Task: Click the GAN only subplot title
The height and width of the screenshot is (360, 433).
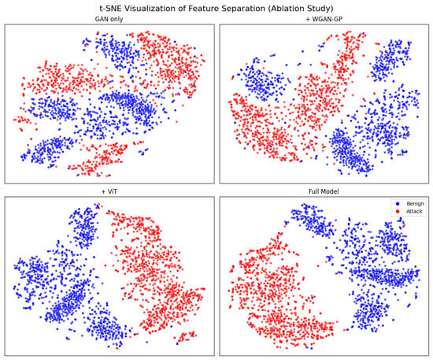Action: pyautogui.click(x=109, y=20)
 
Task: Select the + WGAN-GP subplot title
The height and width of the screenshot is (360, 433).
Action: pyautogui.click(x=324, y=20)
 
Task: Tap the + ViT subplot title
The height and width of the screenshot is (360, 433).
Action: pyautogui.click(x=109, y=191)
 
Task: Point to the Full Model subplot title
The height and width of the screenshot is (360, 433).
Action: pyautogui.click(x=324, y=191)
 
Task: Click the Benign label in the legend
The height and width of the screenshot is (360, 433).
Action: pyautogui.click(x=415, y=203)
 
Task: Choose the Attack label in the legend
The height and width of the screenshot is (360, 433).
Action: pyautogui.click(x=414, y=211)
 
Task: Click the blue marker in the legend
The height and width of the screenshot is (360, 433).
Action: pyautogui.click(x=398, y=203)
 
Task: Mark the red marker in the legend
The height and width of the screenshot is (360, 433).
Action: pyautogui.click(x=398, y=211)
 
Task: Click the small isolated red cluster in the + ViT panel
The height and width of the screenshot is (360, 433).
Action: pyautogui.click(x=185, y=337)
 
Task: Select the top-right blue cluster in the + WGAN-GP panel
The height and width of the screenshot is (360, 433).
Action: pyautogui.click(x=390, y=60)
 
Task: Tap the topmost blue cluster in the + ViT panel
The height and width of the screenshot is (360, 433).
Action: pyautogui.click(x=85, y=227)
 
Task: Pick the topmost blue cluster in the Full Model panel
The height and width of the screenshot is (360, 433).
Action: pyautogui.click(x=313, y=221)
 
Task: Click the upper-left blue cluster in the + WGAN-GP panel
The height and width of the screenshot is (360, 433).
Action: pyautogui.click(x=260, y=80)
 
